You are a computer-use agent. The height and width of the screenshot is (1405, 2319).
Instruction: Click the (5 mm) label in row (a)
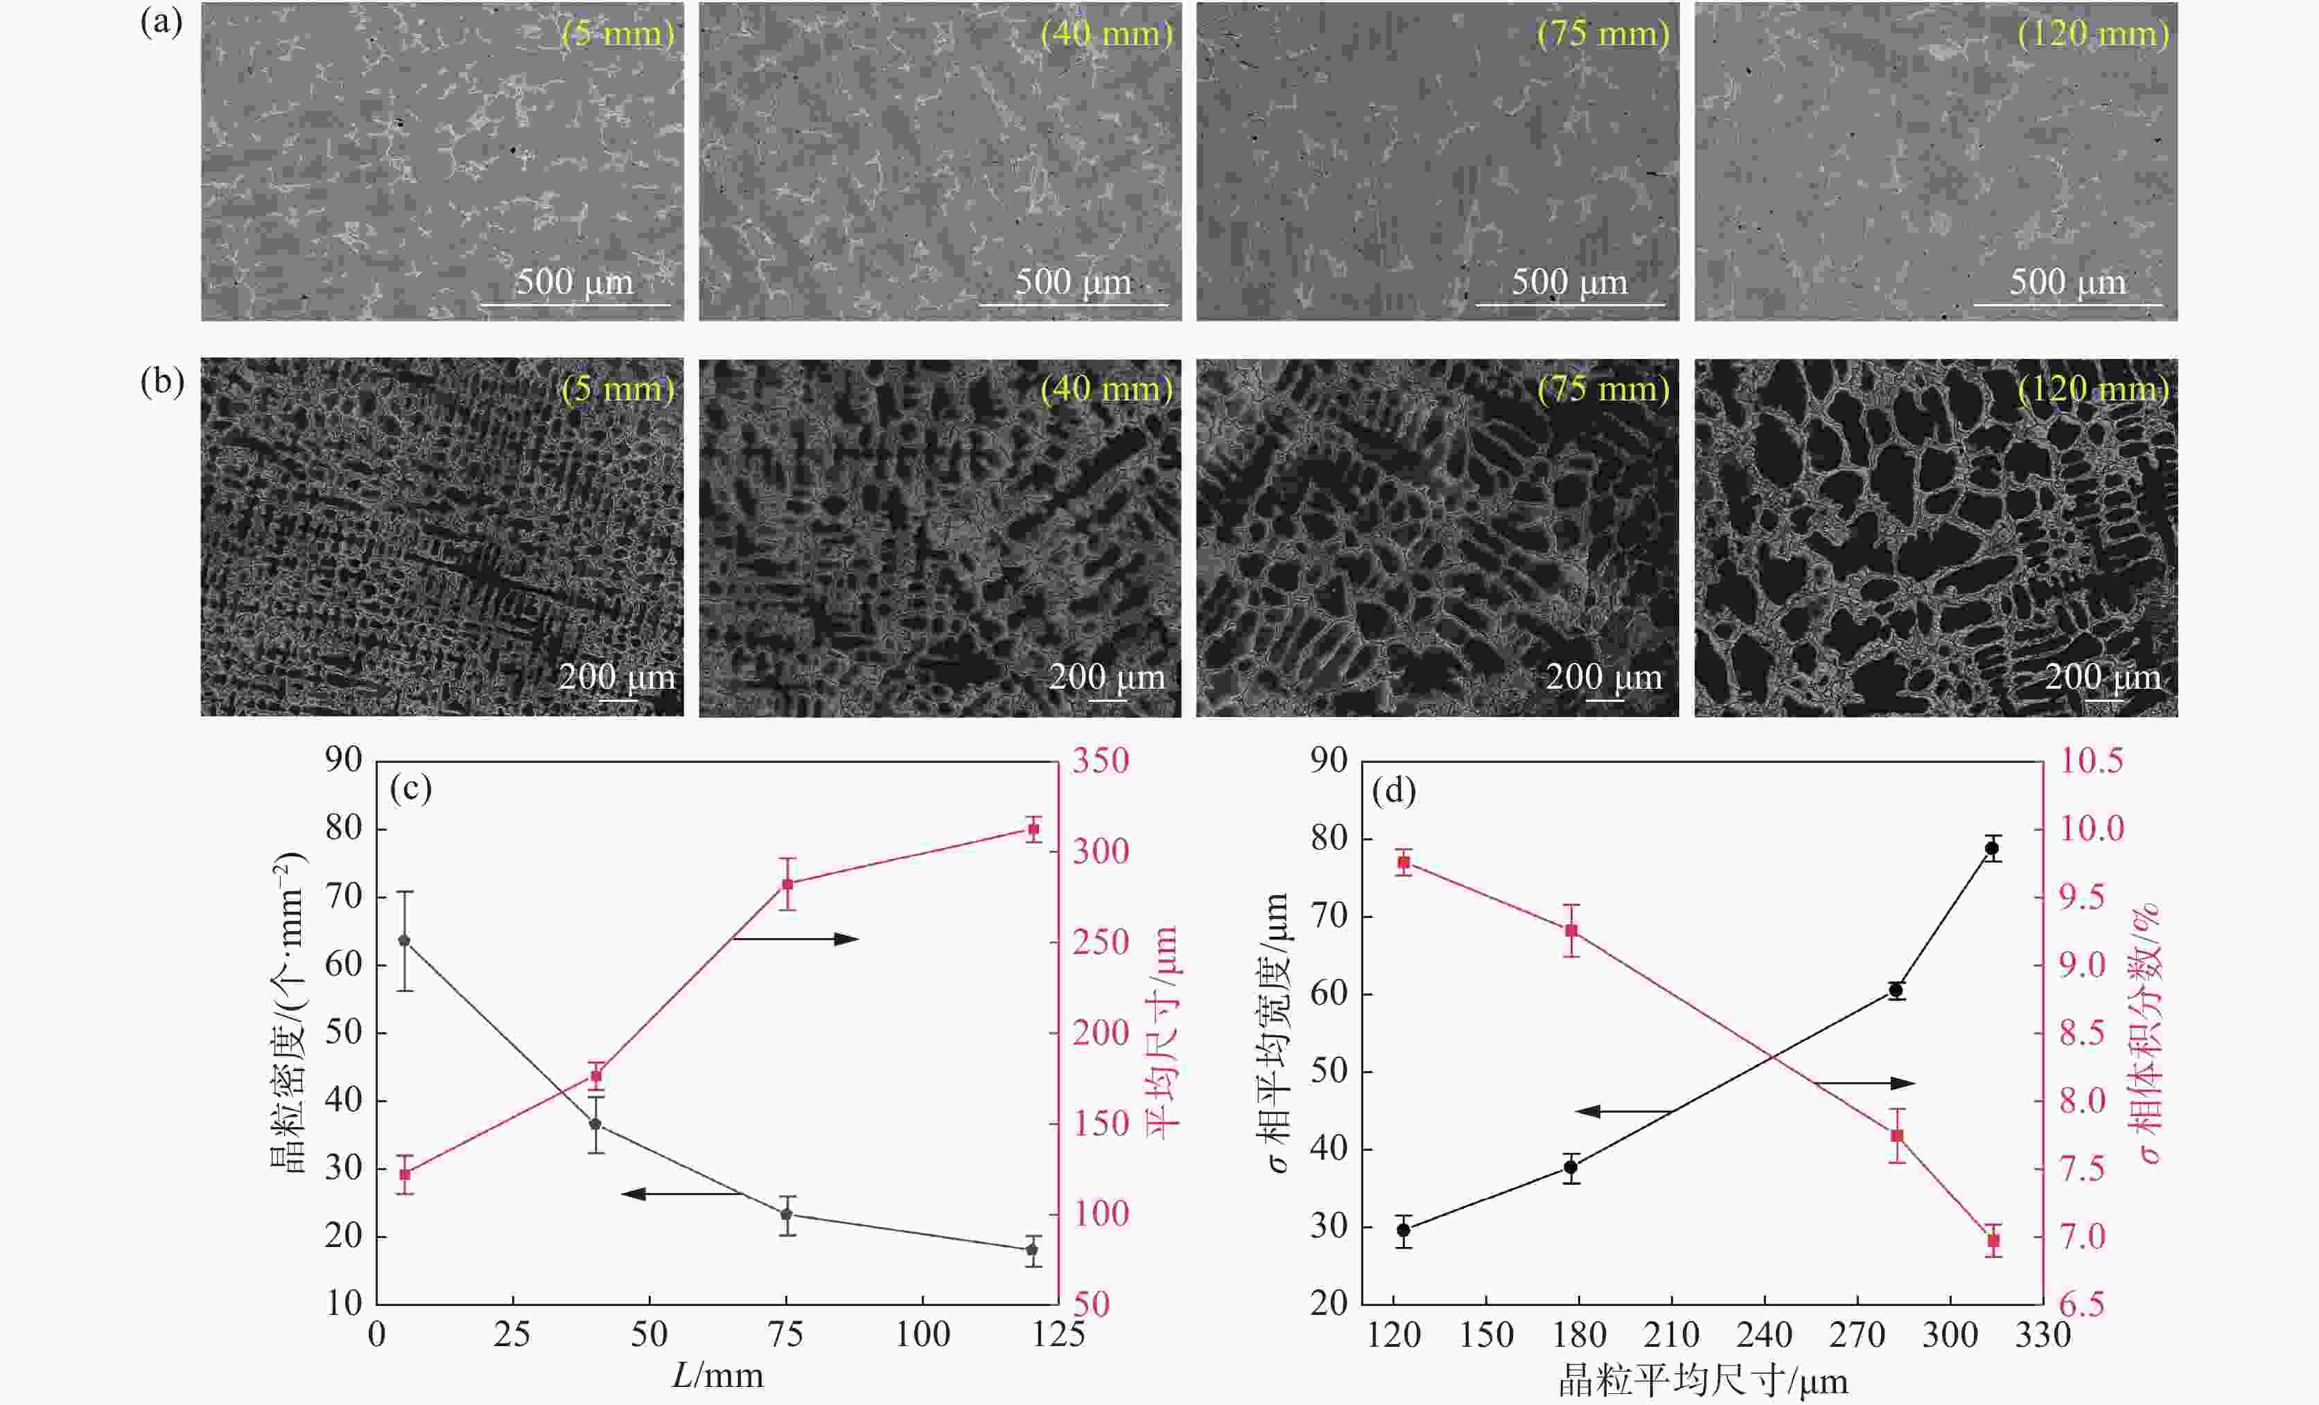(618, 34)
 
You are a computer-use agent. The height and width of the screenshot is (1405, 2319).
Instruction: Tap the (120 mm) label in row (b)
(2093, 389)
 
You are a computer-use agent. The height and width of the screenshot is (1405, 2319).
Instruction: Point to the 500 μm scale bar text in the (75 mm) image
(1569, 283)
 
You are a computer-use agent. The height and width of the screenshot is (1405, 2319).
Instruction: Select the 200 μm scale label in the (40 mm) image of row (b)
(1107, 678)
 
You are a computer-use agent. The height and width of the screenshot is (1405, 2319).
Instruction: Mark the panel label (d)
(1394, 790)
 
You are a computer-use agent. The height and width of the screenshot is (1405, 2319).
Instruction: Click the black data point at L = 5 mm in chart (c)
(405, 940)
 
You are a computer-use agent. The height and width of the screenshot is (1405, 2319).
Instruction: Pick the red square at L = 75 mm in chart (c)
(788, 883)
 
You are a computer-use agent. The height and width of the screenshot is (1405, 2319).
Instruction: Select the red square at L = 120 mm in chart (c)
(1033, 829)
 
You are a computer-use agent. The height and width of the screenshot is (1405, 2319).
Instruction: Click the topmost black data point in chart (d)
(1991, 848)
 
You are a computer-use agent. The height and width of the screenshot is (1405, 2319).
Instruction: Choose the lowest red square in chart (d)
(1993, 1241)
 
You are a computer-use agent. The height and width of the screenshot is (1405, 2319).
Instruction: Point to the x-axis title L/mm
(717, 1376)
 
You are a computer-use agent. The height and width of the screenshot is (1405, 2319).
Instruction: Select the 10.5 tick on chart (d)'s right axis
(2091, 761)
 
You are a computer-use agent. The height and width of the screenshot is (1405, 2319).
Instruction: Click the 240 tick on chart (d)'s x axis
(1764, 1334)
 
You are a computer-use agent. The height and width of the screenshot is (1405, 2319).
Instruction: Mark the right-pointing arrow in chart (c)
(796, 938)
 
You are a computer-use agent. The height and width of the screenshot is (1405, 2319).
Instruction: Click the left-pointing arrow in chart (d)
(1622, 1111)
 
